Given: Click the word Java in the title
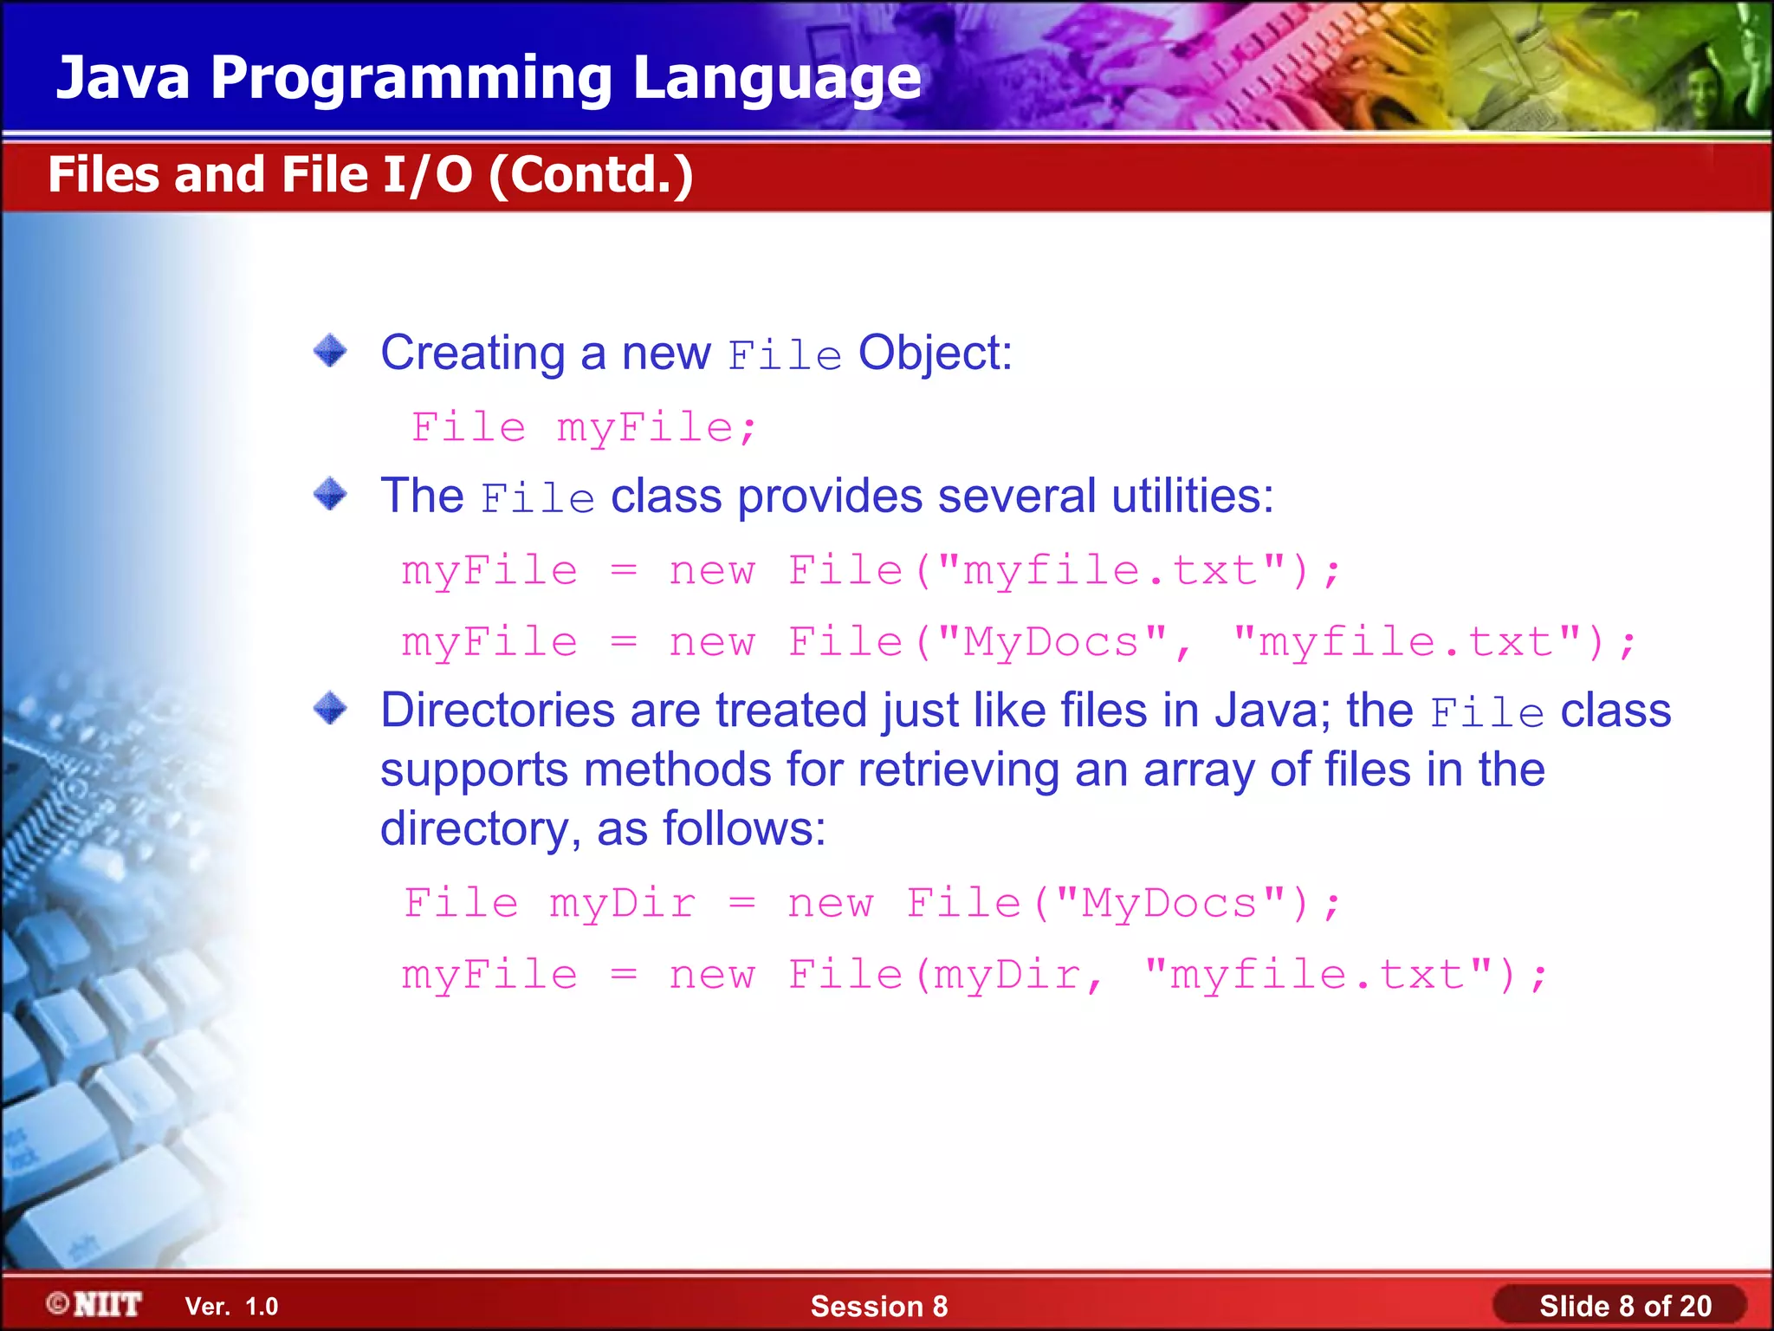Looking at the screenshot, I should [123, 78].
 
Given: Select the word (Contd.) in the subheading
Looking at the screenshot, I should [591, 175].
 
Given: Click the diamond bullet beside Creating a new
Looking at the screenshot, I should [330, 351].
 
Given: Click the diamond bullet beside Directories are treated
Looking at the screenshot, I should [330, 708].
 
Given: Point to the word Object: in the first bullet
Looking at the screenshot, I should [935, 354].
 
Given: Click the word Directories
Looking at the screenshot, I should [497, 711].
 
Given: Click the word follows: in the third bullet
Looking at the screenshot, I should [744, 828].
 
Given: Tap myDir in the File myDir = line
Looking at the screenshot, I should [623, 904].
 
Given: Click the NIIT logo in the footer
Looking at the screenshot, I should [95, 1304].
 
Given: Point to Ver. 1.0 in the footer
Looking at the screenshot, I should [231, 1306].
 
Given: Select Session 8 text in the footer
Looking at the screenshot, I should [878, 1306].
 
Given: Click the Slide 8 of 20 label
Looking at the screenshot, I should [1624, 1306].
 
